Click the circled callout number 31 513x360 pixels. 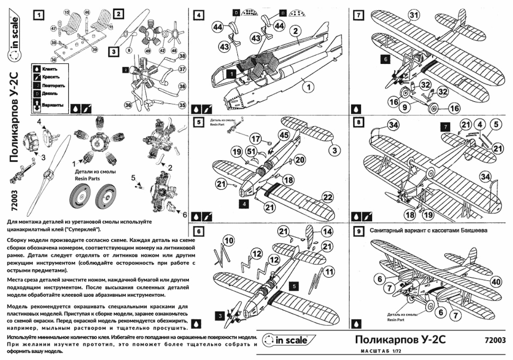point(413,16)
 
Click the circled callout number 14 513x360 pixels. point(326,231)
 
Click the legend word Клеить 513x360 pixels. point(49,69)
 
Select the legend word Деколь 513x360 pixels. point(50,93)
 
